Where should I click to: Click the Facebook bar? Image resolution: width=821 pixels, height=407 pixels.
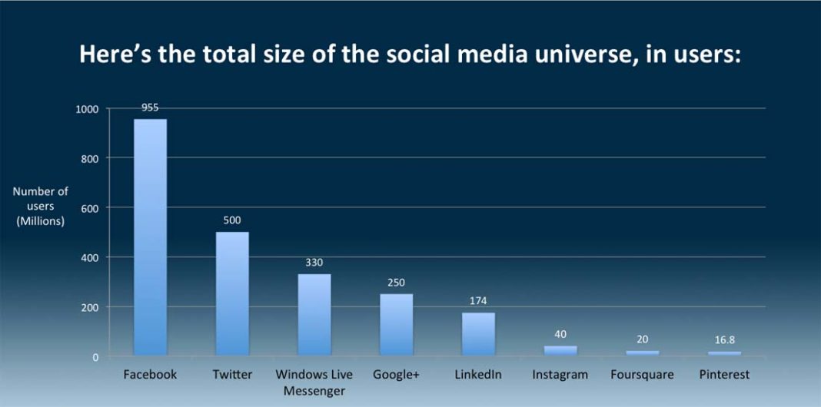(150, 238)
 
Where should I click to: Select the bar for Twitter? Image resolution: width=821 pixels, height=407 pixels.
(232, 294)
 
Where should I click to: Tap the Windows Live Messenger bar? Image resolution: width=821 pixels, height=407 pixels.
(314, 315)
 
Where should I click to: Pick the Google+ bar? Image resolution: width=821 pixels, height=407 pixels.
(396, 325)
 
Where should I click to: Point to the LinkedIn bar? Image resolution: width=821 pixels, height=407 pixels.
(478, 334)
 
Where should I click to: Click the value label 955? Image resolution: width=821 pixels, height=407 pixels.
(150, 108)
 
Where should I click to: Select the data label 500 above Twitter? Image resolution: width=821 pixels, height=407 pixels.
(232, 220)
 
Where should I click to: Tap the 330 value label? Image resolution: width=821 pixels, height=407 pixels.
(314, 263)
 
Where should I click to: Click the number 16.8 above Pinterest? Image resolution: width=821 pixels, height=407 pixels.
(724, 339)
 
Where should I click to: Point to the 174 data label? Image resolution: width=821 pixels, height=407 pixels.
(478, 300)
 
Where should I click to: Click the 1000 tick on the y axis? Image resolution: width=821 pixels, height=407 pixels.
(88, 109)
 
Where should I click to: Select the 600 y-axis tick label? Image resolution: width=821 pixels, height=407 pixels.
(91, 208)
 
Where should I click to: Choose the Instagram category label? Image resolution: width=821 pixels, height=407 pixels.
(560, 375)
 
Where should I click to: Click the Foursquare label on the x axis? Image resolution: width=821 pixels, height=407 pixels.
(642, 375)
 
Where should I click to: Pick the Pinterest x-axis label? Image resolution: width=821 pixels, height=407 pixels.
(724, 375)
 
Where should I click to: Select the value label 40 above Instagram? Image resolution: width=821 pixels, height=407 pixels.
(560, 334)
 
